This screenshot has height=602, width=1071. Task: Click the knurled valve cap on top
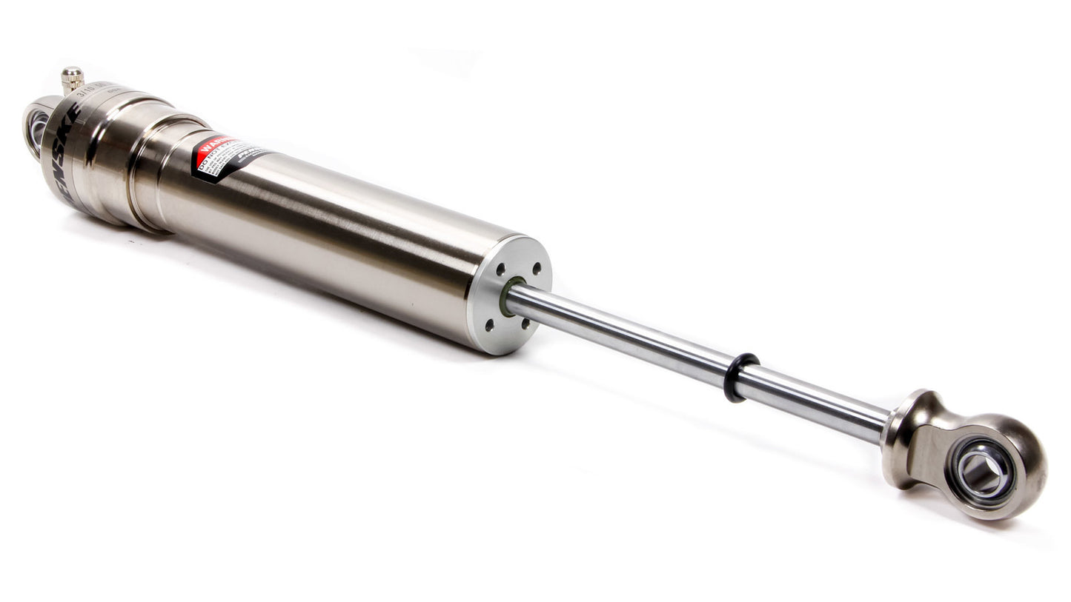click(72, 76)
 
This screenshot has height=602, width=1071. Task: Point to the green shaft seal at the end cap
click(510, 295)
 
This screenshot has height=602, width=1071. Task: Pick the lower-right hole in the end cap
click(525, 323)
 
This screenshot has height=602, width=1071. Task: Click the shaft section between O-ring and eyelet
click(815, 406)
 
